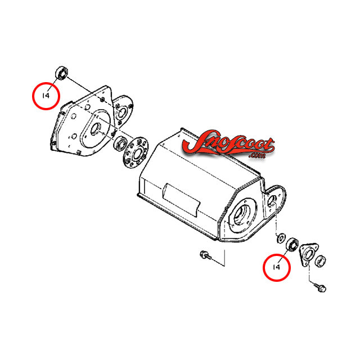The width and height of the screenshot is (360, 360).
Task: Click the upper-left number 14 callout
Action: click(46, 96)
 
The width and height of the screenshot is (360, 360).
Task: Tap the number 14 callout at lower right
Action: click(276, 267)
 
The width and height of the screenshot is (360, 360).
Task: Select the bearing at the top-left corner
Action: click(62, 73)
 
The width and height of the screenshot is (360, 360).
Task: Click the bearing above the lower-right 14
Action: click(292, 245)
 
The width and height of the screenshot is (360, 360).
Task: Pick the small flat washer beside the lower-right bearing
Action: click(280, 238)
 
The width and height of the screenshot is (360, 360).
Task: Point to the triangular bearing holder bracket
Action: click(308, 255)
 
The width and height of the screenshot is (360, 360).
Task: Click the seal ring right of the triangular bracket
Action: click(320, 261)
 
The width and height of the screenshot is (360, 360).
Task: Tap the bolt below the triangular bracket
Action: click(320, 287)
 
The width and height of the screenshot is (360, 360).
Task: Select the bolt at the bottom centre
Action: click(205, 255)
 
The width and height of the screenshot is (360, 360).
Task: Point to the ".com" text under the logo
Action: click(257, 156)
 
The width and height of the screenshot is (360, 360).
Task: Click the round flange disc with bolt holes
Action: click(136, 152)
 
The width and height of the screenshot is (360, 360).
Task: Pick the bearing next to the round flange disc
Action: click(120, 144)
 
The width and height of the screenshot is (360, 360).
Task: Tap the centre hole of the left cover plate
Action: click(95, 129)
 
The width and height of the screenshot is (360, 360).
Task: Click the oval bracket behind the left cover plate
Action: click(123, 110)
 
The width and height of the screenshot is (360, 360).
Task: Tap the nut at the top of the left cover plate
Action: click(102, 100)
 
